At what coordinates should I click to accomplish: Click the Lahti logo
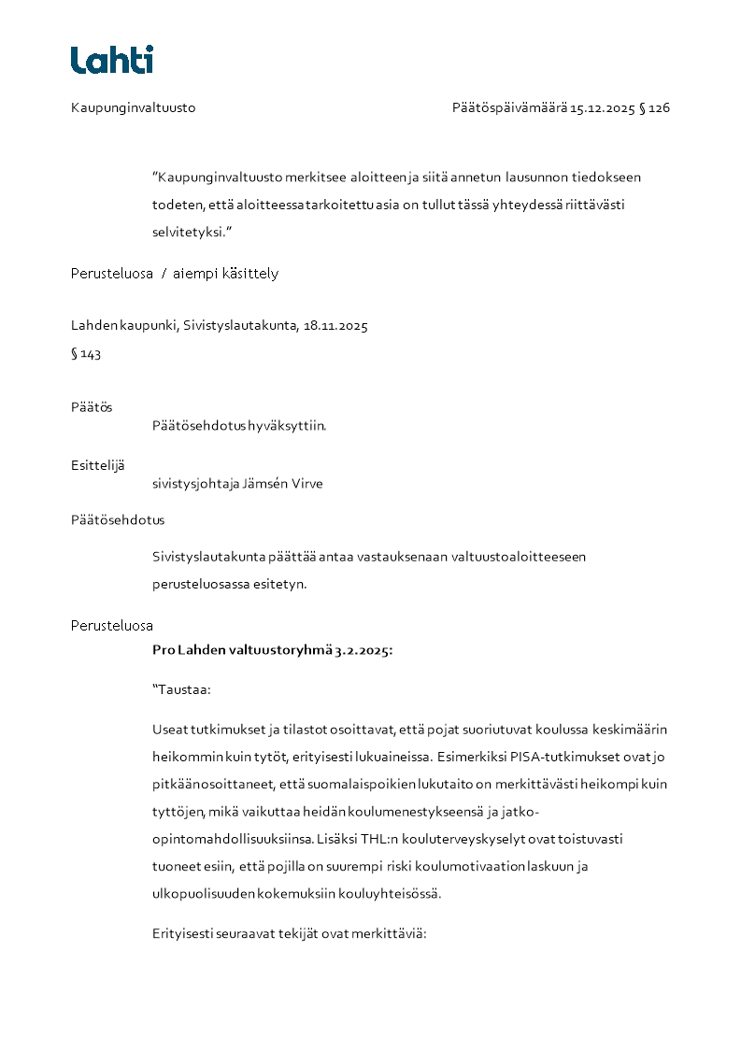pyautogui.click(x=111, y=60)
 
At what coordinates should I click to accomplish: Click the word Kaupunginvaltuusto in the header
pyautogui.click(x=133, y=107)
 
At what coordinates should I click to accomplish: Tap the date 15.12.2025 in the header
pyautogui.click(x=603, y=107)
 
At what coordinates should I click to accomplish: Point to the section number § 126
pyautogui.click(x=654, y=107)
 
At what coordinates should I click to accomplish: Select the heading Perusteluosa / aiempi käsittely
pyautogui.click(x=175, y=274)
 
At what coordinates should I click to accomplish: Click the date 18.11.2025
pyautogui.click(x=335, y=326)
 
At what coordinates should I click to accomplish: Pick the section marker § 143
pyautogui.click(x=86, y=354)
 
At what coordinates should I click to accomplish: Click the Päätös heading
pyautogui.click(x=92, y=407)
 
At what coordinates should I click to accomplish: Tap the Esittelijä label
pyautogui.click(x=97, y=465)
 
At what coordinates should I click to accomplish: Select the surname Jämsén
pyautogui.click(x=266, y=484)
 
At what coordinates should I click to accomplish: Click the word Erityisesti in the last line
pyautogui.click(x=181, y=932)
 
